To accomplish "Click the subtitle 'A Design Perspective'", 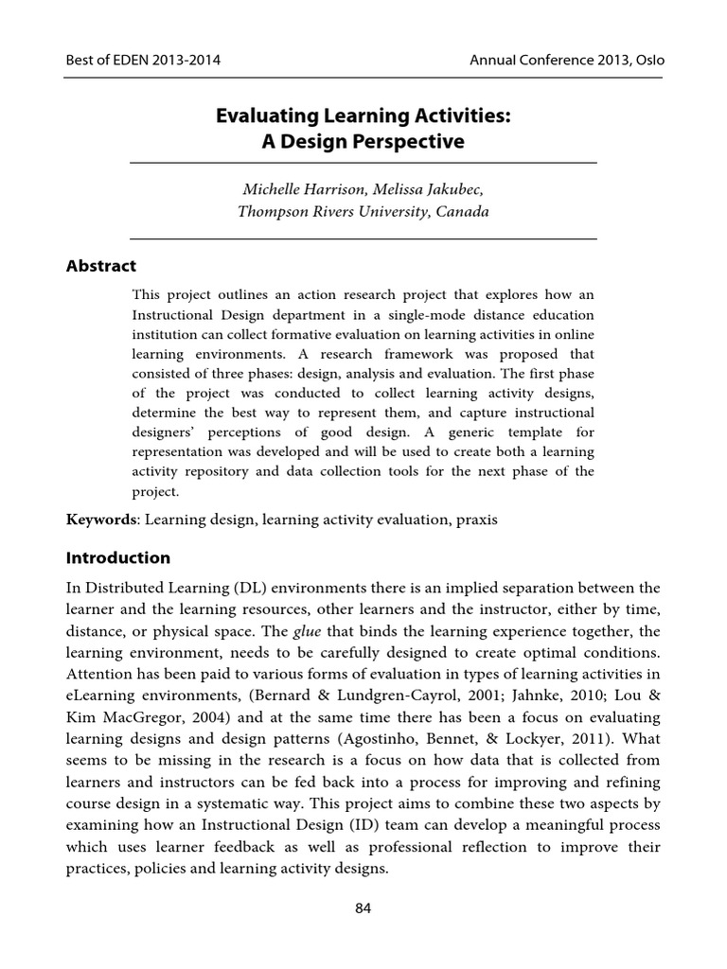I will pyautogui.click(x=363, y=142).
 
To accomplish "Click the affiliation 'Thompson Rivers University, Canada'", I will pyautogui.click(x=363, y=212).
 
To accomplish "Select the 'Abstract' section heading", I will pyautogui.click(x=101, y=266).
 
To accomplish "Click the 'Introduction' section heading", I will pyautogui.click(x=118, y=557).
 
